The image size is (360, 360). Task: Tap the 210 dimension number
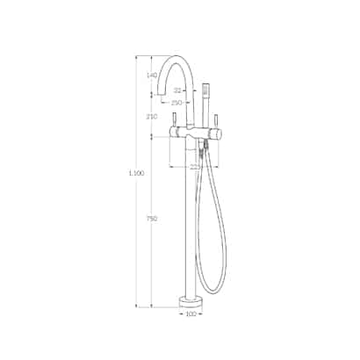click(x=152, y=117)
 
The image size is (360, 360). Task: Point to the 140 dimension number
click(x=152, y=76)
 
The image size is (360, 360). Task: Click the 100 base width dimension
click(x=191, y=314)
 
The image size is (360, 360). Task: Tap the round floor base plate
click(x=191, y=303)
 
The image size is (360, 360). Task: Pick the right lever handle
click(x=216, y=118)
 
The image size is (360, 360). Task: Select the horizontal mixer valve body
click(x=198, y=134)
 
